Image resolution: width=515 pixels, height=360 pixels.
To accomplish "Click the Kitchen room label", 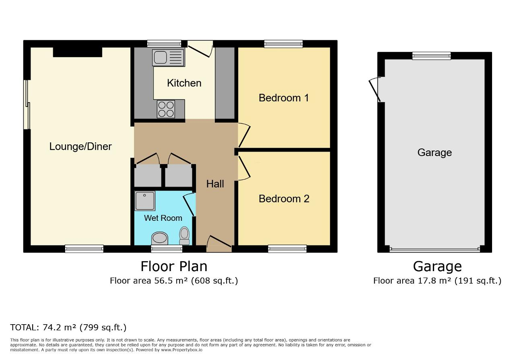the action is tap(184, 83).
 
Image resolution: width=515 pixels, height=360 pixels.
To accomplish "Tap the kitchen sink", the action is tap(168, 58).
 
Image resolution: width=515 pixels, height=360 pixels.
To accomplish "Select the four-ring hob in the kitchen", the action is tap(166, 109).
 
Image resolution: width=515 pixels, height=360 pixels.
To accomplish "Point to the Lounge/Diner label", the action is tap(80, 146).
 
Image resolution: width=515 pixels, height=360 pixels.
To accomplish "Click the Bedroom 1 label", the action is tap(284, 98).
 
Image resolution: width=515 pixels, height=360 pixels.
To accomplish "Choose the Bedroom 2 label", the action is tap(284, 199).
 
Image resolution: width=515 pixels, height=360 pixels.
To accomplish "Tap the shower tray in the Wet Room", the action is tap(144, 201).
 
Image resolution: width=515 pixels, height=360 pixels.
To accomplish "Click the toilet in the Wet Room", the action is tap(184, 236).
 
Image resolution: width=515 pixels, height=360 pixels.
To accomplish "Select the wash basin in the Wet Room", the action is tap(160, 238).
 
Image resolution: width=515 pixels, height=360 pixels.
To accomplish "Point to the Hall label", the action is tap(215, 184).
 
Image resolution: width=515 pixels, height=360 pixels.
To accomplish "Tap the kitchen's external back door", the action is tap(200, 49).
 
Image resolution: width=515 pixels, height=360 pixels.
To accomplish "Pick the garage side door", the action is tap(375, 89).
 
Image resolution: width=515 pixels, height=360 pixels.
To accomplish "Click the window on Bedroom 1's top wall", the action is tap(283, 44).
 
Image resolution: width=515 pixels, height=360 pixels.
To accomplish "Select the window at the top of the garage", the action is tap(431, 56).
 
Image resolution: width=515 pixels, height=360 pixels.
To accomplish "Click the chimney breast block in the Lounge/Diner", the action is tap(78, 52).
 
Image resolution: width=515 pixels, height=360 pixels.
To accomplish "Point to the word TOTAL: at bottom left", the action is tap(25, 327).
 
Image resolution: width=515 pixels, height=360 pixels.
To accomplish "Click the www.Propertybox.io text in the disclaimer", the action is tap(181, 350).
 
